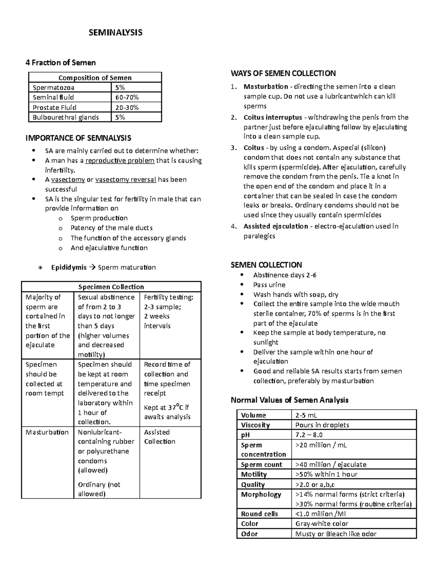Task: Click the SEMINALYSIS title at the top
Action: (116, 33)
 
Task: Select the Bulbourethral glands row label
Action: (65, 117)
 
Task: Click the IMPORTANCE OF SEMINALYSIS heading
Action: (78, 138)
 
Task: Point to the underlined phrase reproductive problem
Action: (120, 160)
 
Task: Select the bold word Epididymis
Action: (69, 267)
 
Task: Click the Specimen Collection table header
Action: (111, 287)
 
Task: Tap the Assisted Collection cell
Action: (160, 437)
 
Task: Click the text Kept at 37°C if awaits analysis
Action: (167, 412)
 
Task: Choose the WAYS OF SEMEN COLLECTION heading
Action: (283, 73)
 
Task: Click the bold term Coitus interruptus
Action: (273, 118)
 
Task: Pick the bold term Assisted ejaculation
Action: (275, 226)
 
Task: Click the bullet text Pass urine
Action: (269, 285)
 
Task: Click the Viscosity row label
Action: (255, 425)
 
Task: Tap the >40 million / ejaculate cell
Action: (331, 465)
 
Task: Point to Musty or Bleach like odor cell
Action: (336, 534)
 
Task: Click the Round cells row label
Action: (259, 514)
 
